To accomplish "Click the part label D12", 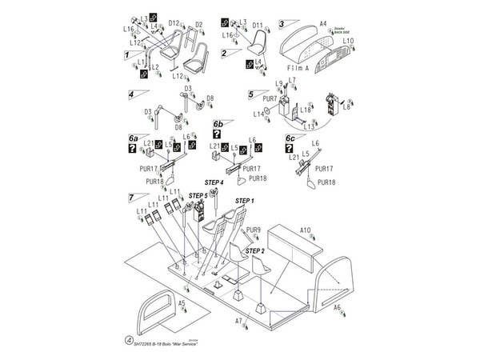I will tap(174, 24).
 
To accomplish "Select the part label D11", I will tap(258, 26).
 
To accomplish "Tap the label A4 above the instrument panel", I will tap(323, 25).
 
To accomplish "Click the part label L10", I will tap(348, 40).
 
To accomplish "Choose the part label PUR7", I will tap(270, 99).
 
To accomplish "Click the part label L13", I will tap(309, 126).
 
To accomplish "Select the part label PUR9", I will tap(254, 230).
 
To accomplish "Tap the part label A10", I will tap(306, 230).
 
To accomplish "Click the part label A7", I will tap(238, 321).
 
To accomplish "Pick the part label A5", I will tap(182, 303).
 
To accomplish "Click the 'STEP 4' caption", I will tap(214, 183).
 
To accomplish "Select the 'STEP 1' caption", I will tap(244, 200).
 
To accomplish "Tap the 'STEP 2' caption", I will tap(255, 250).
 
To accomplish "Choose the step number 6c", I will tap(290, 138).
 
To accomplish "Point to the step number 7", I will tap(130, 197).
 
